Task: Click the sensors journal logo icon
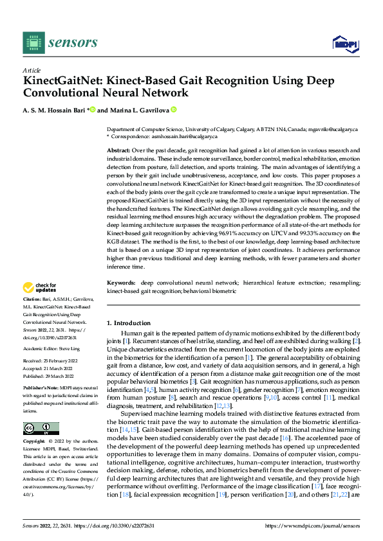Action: pos(32,42)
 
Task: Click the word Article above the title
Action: pos(32,70)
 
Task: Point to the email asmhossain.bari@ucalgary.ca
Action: pos(183,137)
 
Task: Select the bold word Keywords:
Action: pos(122,301)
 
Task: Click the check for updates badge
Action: pos(41,306)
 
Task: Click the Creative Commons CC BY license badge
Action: pos(41,429)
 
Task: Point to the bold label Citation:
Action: pos(32,318)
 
